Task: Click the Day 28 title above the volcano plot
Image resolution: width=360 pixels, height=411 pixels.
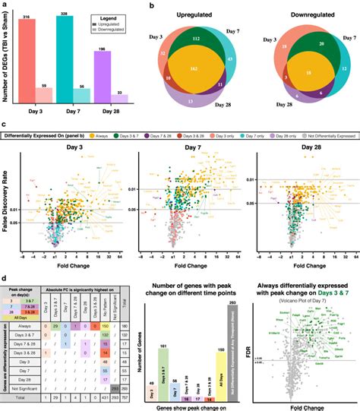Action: [x=310, y=147]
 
